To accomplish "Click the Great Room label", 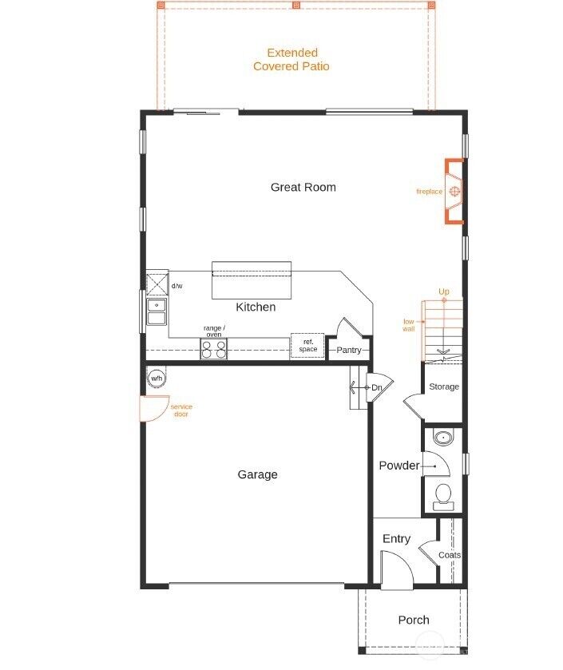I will pyautogui.click(x=303, y=188).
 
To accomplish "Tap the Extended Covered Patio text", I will pyautogui.click(x=291, y=60).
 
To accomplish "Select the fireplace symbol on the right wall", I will pyautogui.click(x=454, y=192).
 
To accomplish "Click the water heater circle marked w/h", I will pyautogui.click(x=156, y=379).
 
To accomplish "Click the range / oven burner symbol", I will pyautogui.click(x=214, y=348).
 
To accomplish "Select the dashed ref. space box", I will pyautogui.click(x=307, y=346).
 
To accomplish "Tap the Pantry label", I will pyautogui.click(x=349, y=351).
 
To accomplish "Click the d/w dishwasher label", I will pyautogui.click(x=176, y=286).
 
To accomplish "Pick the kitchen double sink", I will pyautogui.click(x=157, y=311).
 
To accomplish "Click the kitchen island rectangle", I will pyautogui.click(x=251, y=280).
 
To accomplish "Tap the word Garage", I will pyautogui.click(x=258, y=475).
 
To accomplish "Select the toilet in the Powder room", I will pyautogui.click(x=443, y=496).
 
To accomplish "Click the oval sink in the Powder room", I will pyautogui.click(x=442, y=438).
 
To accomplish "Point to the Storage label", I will pyautogui.click(x=444, y=387).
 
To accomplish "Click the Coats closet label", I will pyautogui.click(x=450, y=555).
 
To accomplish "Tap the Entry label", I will pyautogui.click(x=396, y=539).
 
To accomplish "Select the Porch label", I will pyautogui.click(x=414, y=620).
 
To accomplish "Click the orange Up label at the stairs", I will pyautogui.click(x=444, y=292).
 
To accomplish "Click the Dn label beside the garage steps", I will pyautogui.click(x=376, y=388).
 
